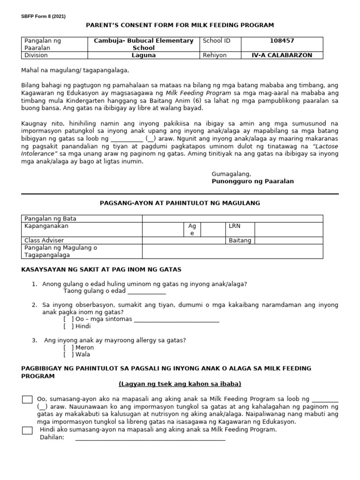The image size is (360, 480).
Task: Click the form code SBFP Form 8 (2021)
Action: point(43,16)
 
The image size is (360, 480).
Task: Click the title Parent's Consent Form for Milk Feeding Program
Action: point(180,25)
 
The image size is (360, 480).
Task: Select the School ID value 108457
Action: point(282,41)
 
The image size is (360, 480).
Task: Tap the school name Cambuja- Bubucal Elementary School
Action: point(143,44)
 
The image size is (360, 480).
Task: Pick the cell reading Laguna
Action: point(143,55)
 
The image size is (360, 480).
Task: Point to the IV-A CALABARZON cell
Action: point(282,55)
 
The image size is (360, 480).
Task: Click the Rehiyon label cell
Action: point(215,55)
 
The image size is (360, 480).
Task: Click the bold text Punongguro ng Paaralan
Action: point(253,181)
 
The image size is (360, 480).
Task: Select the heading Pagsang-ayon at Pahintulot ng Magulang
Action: point(180,203)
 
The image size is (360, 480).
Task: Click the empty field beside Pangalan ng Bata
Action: point(232,218)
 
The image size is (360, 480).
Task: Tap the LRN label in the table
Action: point(234,226)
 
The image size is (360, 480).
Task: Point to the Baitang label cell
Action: point(240,240)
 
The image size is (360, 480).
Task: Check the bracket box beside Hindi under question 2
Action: point(68,326)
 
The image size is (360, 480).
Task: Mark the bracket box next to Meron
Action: point(68,347)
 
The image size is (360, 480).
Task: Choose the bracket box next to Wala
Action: point(68,354)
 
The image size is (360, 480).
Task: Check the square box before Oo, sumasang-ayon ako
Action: point(27,399)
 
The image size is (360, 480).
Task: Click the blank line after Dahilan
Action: point(150,438)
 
